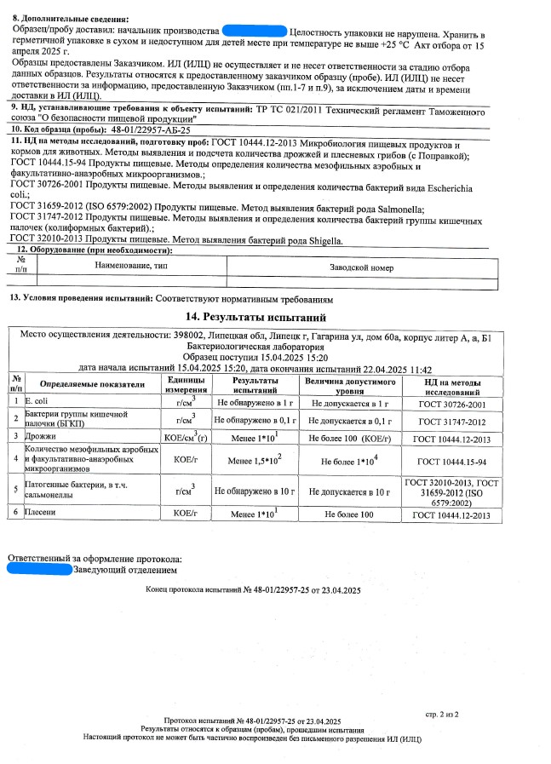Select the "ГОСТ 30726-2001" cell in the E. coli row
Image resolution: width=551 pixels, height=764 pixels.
pos(454,401)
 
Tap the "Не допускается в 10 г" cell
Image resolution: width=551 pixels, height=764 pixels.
pos(349,491)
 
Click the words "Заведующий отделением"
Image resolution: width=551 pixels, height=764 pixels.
pos(126,569)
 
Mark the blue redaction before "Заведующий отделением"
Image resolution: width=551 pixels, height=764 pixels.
pos(40,569)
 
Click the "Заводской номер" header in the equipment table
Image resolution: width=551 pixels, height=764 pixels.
pos(361,267)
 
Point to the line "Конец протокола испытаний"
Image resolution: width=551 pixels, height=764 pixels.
pos(254,589)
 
